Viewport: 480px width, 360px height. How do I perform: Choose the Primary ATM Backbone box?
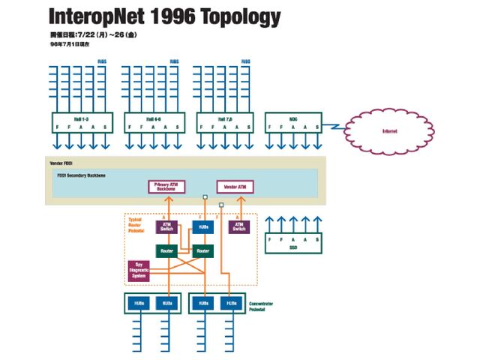click(166, 187)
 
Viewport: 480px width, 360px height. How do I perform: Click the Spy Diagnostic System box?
click(139, 270)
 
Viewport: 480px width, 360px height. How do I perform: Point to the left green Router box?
click(166, 250)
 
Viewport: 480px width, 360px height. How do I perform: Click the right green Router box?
click(202, 250)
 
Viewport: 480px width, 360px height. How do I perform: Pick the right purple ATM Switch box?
click(238, 226)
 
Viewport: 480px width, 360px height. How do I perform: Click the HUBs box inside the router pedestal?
click(202, 226)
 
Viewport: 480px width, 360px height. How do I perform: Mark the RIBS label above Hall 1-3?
click(101, 61)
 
